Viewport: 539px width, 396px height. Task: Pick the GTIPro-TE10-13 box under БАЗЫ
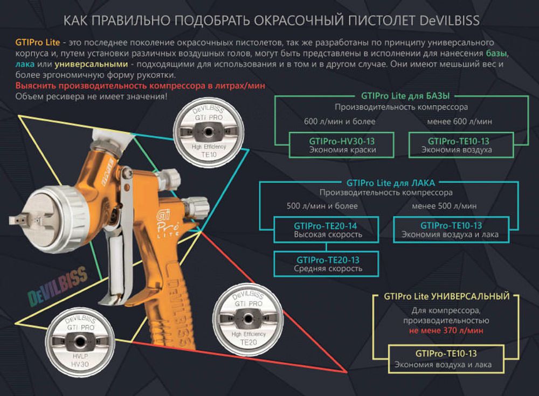456,145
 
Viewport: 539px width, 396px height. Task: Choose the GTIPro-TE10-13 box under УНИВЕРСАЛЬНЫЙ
446,359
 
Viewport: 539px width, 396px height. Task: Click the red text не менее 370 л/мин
446,330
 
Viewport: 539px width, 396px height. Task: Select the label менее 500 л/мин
444,206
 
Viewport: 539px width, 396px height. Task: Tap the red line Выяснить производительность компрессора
140,86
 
